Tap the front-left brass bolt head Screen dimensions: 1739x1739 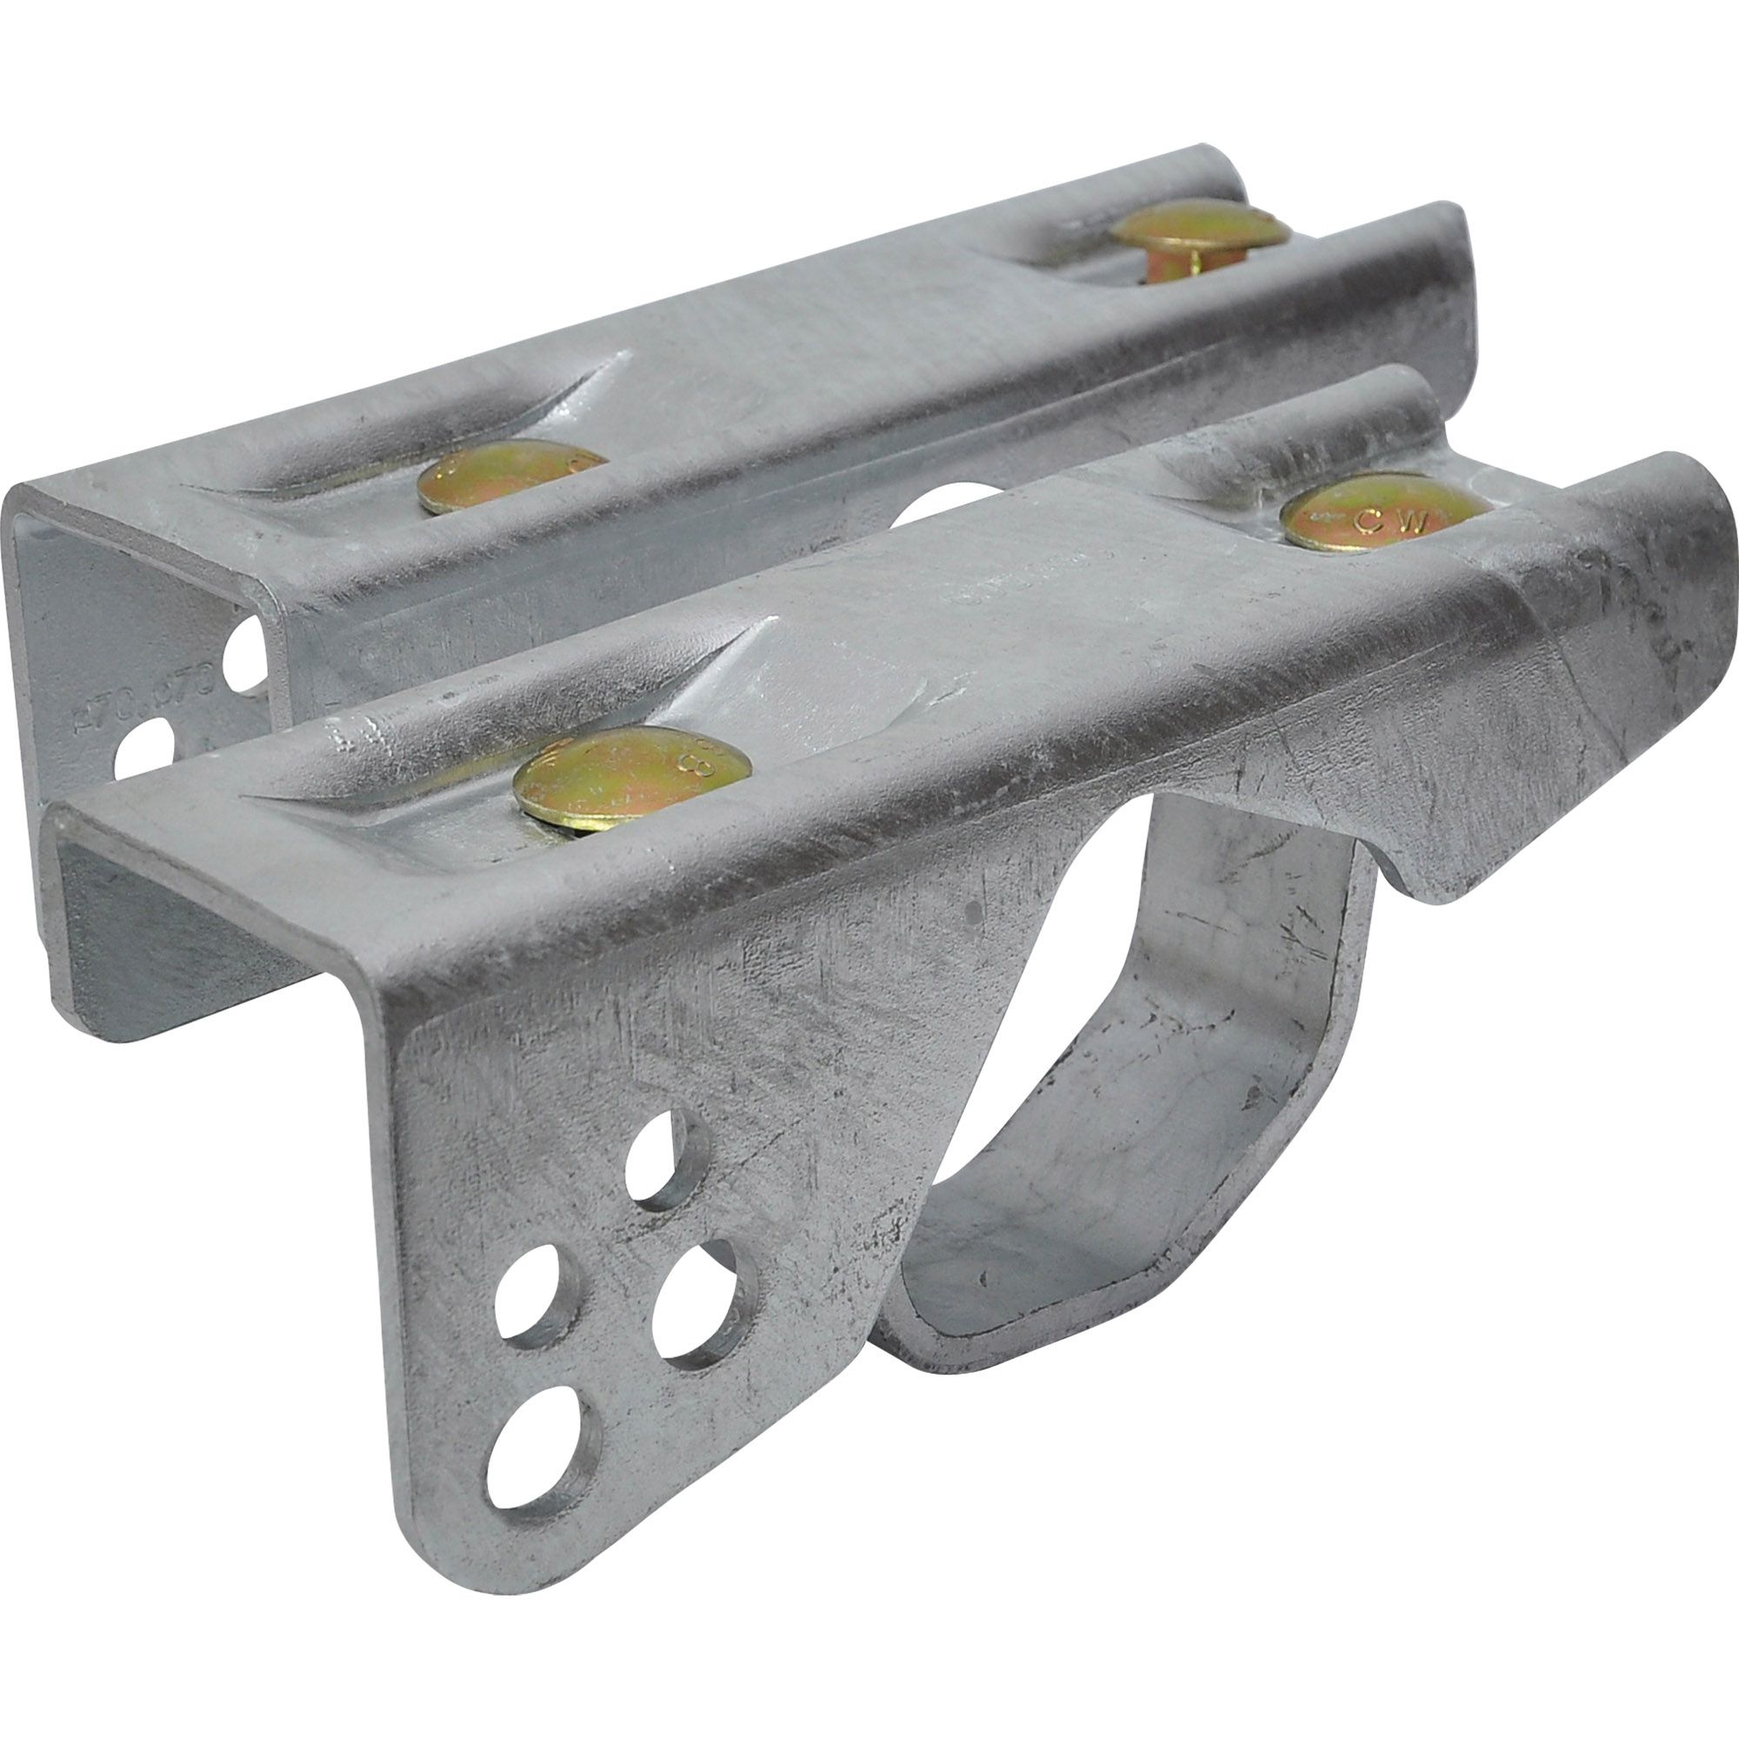[x=632, y=779]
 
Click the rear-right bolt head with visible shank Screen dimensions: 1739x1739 [x=1199, y=227]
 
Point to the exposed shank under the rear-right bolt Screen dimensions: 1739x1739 [x=1168, y=265]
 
